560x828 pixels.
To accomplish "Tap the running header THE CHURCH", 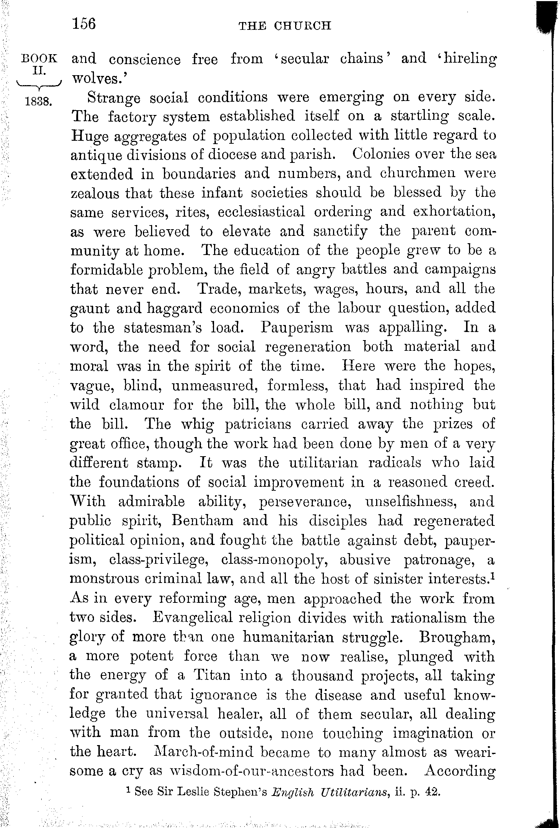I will click(x=285, y=26).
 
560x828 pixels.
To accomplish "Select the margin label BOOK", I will click(x=40, y=59).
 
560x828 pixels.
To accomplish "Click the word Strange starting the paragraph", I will click(x=113, y=98).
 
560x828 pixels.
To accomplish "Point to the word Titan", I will click(x=212, y=675).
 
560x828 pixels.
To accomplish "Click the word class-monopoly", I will click(x=273, y=560).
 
